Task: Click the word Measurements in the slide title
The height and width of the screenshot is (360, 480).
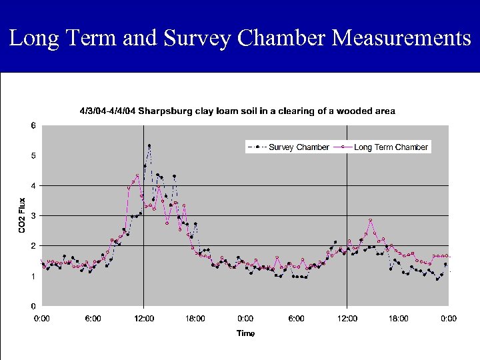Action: pos(401,38)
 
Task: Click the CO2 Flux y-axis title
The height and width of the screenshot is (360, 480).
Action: pos(21,215)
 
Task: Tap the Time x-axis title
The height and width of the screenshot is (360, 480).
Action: pos(245,333)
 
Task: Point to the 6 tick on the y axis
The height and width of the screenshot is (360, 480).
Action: pos(33,125)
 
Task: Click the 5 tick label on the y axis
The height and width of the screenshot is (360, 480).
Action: pos(33,155)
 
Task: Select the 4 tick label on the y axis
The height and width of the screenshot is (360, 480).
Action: pos(33,185)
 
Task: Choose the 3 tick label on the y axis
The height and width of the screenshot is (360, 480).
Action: pos(33,216)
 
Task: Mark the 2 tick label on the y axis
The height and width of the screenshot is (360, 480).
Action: pos(33,246)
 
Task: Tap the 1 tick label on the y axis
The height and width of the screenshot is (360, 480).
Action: pos(33,276)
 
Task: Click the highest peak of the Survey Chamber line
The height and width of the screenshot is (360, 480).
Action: pos(149,145)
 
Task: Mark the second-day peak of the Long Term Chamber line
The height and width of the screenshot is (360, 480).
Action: pos(371,220)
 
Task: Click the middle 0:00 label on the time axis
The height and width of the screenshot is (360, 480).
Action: pos(245,319)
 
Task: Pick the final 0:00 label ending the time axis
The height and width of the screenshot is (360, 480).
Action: pos(449,319)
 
